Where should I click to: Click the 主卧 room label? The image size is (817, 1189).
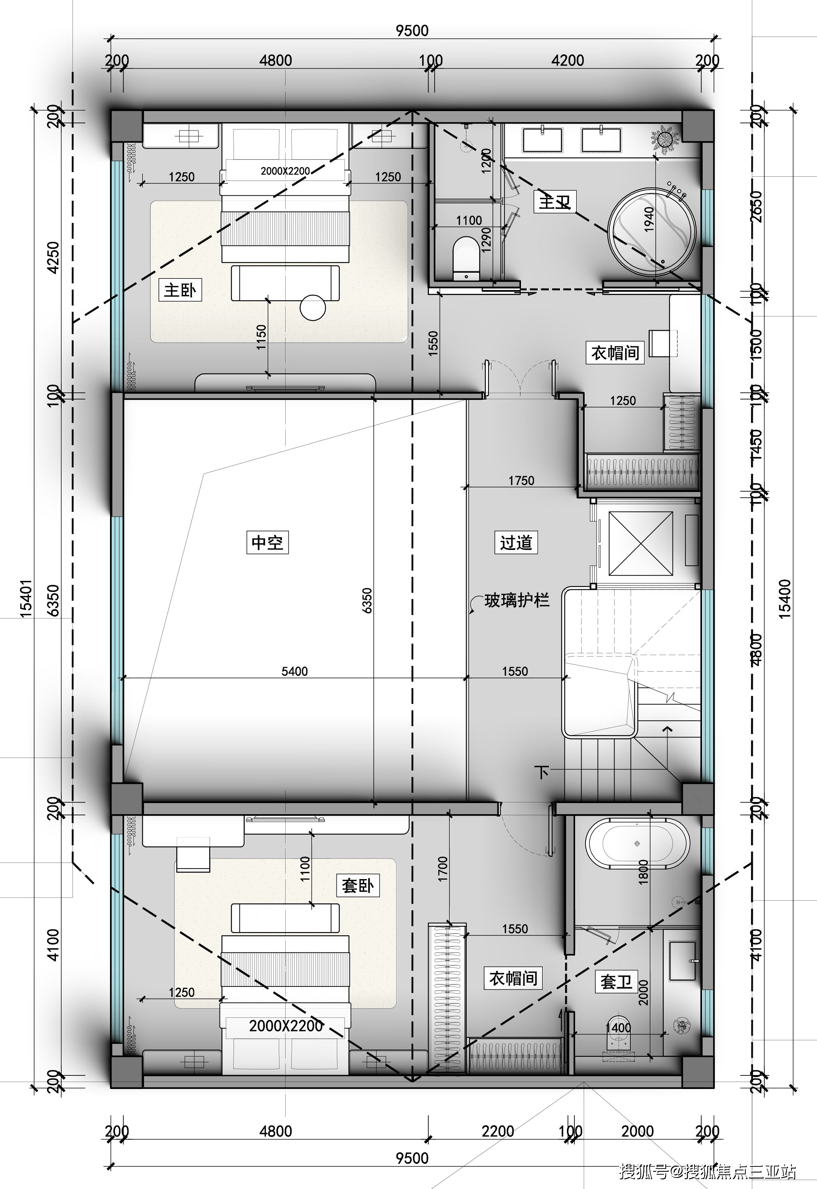(x=180, y=290)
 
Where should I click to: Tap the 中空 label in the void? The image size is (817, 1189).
(x=267, y=543)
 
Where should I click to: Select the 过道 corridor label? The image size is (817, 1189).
(x=516, y=543)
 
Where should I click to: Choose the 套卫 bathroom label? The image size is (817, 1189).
(x=616, y=982)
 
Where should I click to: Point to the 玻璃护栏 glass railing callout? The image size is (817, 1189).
(x=516, y=600)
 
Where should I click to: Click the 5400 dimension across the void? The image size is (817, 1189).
(x=295, y=671)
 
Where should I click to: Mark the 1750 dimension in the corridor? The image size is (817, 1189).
(x=521, y=481)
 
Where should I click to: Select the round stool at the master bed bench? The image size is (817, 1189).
(x=313, y=307)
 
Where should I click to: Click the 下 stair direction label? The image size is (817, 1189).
(x=541, y=772)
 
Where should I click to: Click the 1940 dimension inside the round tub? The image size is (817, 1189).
(x=649, y=219)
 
